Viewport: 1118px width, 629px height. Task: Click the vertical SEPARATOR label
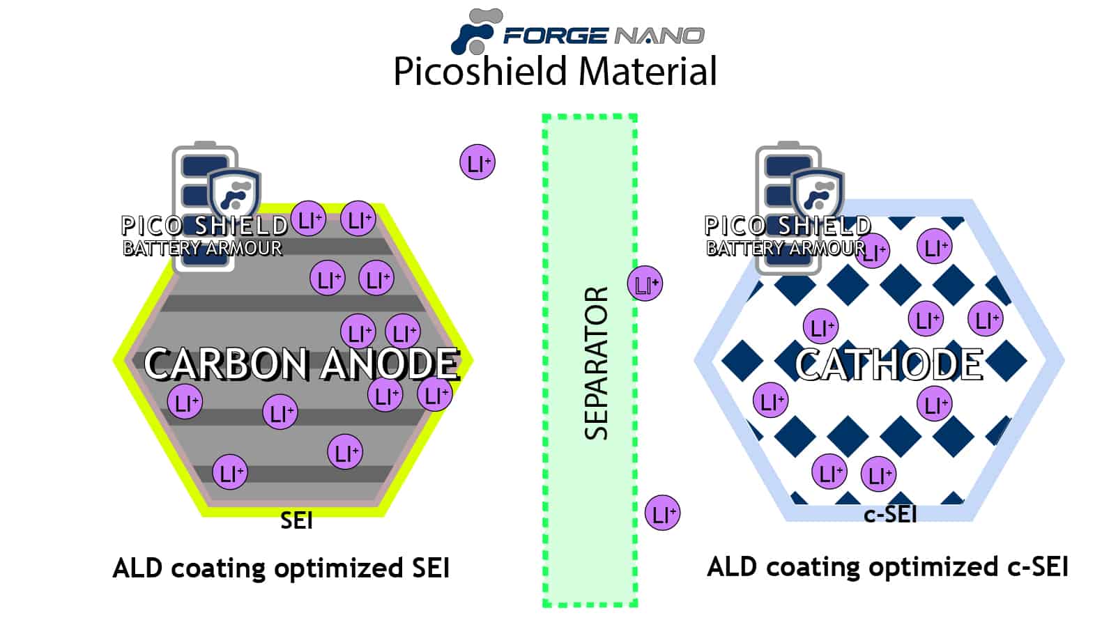pos(596,362)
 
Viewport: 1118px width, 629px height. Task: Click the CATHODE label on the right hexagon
pos(889,364)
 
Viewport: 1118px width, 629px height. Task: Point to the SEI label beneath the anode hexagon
pos(296,520)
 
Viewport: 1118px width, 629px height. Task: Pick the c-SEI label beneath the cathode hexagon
pos(890,514)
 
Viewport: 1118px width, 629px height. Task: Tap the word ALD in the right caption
pos(731,566)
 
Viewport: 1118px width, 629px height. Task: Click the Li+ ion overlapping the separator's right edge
pos(645,284)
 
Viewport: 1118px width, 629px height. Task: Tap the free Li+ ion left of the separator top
pos(477,163)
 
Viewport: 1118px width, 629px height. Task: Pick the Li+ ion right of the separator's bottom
pos(662,514)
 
